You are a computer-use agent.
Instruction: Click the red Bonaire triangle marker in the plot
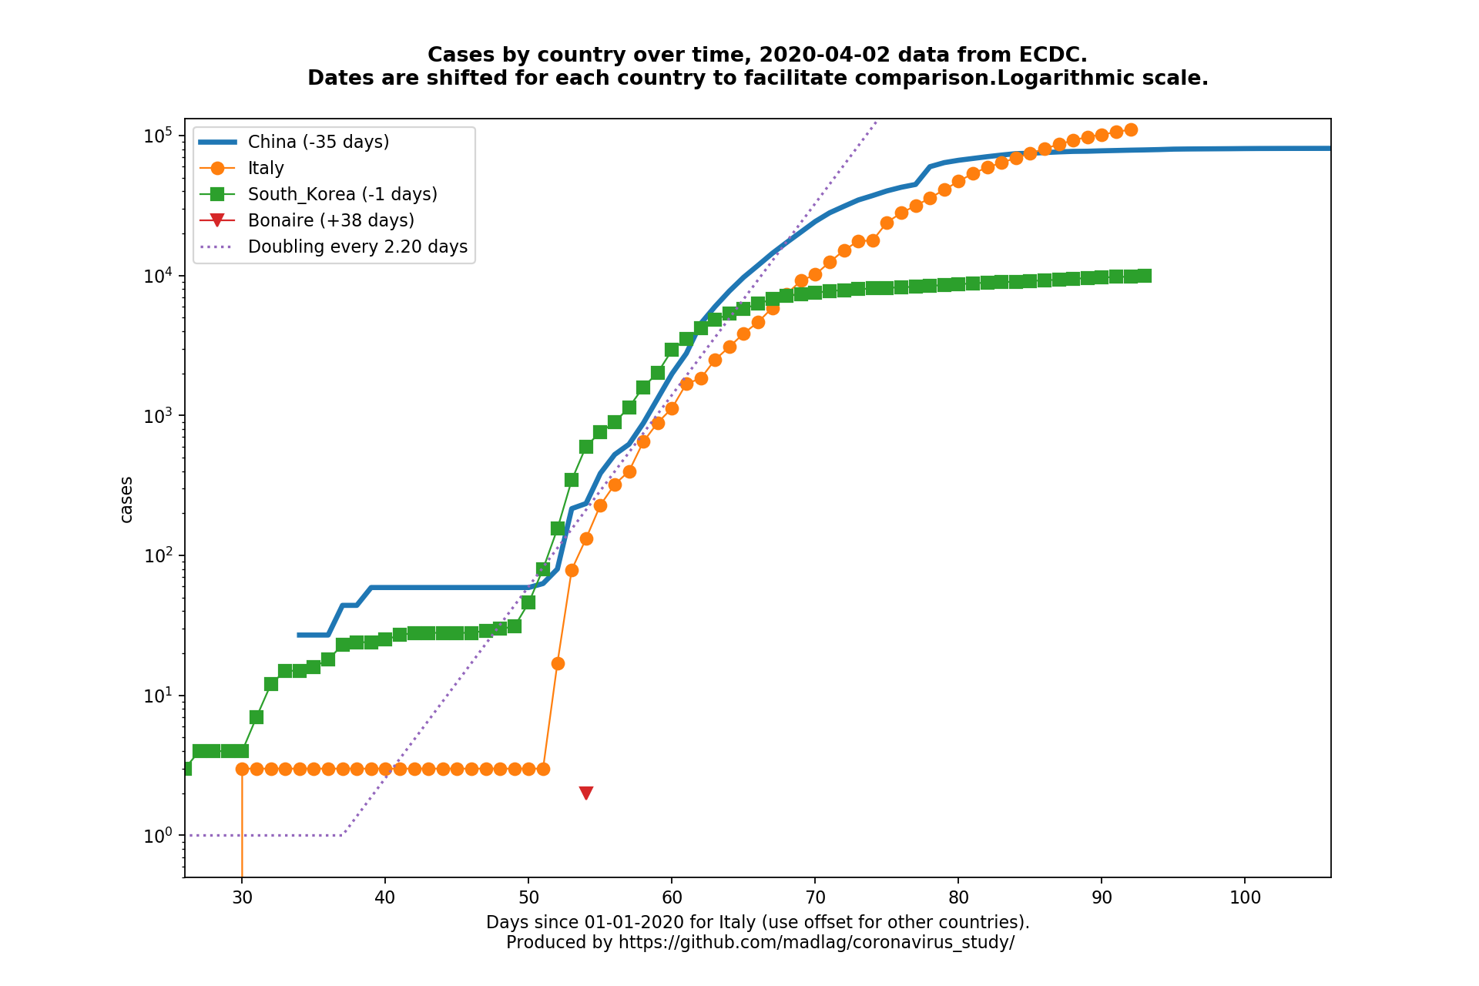pos(585,793)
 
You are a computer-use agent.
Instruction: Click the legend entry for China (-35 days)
pos(318,142)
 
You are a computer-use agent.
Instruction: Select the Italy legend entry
pos(266,168)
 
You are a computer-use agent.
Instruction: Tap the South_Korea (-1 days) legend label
pos(342,194)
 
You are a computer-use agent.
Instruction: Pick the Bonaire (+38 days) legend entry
pos(330,220)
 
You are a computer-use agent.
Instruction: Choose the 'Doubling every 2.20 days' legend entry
pos(357,246)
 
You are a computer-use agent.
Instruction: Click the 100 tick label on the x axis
pos(1245,897)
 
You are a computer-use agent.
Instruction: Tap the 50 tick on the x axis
pos(528,897)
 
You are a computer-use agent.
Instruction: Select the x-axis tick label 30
pos(242,897)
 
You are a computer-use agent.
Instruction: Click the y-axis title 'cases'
pos(126,499)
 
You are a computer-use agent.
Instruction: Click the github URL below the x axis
pos(816,942)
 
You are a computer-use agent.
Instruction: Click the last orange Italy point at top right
pos(1130,129)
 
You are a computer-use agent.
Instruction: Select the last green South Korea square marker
pos(1145,276)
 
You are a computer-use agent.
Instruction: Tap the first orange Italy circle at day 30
pos(242,769)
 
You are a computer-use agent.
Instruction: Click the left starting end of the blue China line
pos(300,635)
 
